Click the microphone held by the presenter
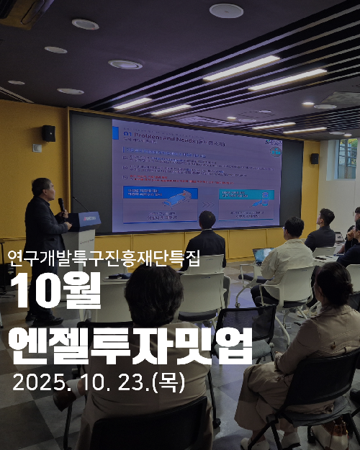pos(61,204)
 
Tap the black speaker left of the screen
pos(48,133)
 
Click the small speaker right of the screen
pos(315,158)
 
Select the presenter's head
pos(42,189)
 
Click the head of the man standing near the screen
pos(207,220)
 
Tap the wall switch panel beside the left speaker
pos(37,148)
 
